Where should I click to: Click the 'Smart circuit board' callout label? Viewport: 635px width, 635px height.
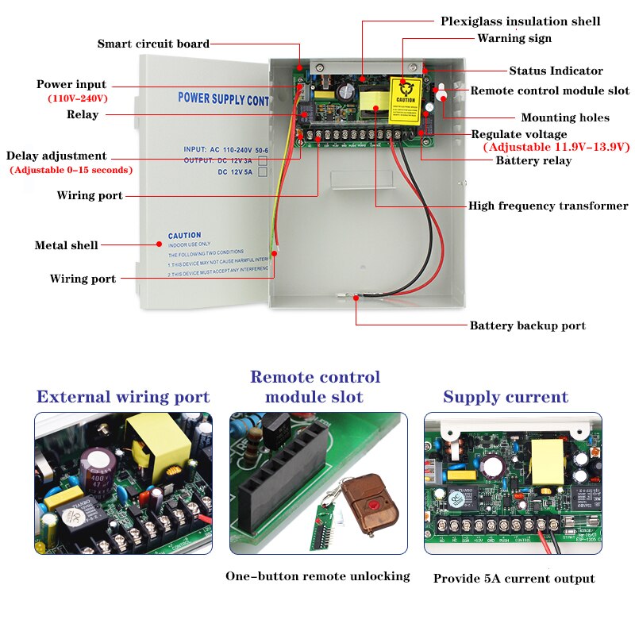point(153,44)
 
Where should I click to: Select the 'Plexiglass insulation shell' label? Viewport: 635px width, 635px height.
point(520,21)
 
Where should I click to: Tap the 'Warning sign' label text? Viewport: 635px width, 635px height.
point(514,38)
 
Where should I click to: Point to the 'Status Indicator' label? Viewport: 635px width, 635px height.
point(556,71)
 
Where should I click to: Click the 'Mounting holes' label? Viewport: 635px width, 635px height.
point(564,117)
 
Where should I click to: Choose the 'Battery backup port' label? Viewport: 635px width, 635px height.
point(527,325)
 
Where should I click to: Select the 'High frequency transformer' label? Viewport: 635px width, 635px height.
point(548,206)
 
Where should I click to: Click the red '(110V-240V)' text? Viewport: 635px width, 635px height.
point(78,98)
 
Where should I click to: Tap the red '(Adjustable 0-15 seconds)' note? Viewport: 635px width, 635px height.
point(71,170)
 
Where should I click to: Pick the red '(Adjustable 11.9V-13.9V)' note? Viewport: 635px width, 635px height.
point(556,147)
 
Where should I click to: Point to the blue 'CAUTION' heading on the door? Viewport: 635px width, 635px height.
point(184,236)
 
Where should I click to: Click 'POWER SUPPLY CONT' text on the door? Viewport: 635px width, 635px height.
point(223,99)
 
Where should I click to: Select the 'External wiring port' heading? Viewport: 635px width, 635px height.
point(123,397)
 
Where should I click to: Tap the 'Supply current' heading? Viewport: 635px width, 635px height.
point(506,397)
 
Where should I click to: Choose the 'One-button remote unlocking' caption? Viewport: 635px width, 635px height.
point(317,576)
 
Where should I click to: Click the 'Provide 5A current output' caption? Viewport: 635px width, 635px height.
point(514,579)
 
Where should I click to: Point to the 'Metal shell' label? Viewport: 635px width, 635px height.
point(66,245)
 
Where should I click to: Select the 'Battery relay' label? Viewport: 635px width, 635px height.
point(533,160)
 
